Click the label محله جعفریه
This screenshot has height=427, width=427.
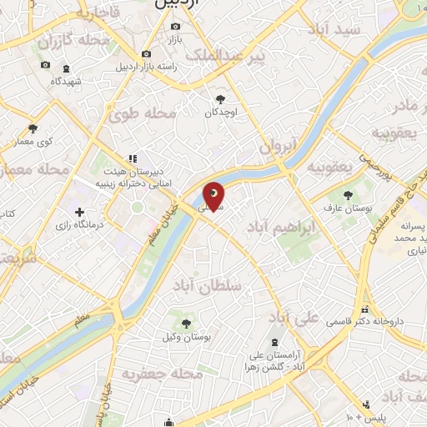[162, 374]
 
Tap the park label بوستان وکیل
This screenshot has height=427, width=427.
[187, 338]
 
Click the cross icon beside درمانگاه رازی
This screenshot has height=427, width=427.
[79, 213]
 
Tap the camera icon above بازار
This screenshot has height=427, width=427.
[176, 26]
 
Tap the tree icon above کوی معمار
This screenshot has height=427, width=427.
[33, 128]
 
